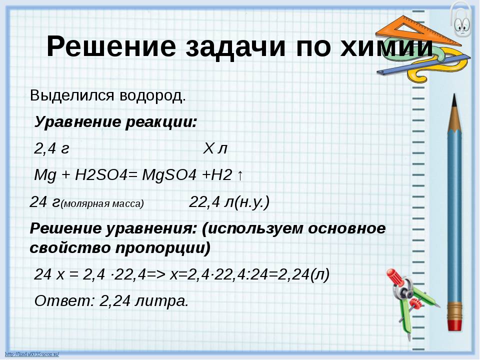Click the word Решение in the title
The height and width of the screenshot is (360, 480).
(x=111, y=46)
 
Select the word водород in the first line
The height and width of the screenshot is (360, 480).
(x=153, y=96)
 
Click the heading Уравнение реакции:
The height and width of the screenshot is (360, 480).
(x=115, y=122)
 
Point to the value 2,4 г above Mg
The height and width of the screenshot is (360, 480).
(x=51, y=149)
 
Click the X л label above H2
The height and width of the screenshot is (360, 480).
(x=215, y=149)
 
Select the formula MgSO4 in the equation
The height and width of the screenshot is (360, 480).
(x=169, y=175)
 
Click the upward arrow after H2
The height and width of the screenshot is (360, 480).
(x=240, y=175)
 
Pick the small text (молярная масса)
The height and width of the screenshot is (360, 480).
(x=102, y=204)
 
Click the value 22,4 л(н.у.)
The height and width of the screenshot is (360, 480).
(x=229, y=202)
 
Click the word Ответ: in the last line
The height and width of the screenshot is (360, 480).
(x=64, y=301)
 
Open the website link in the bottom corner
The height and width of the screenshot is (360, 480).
(x=32, y=354)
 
